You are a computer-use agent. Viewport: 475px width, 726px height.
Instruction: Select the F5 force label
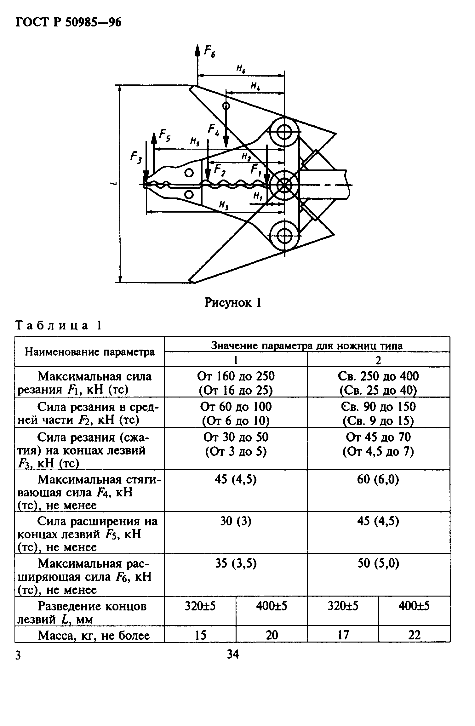164,136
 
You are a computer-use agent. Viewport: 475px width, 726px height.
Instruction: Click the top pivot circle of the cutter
284,132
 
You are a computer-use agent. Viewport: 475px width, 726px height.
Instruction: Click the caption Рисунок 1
233,303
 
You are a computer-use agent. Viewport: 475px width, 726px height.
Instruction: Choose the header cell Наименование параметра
90,352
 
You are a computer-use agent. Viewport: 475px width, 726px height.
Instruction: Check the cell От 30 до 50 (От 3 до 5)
236,445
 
